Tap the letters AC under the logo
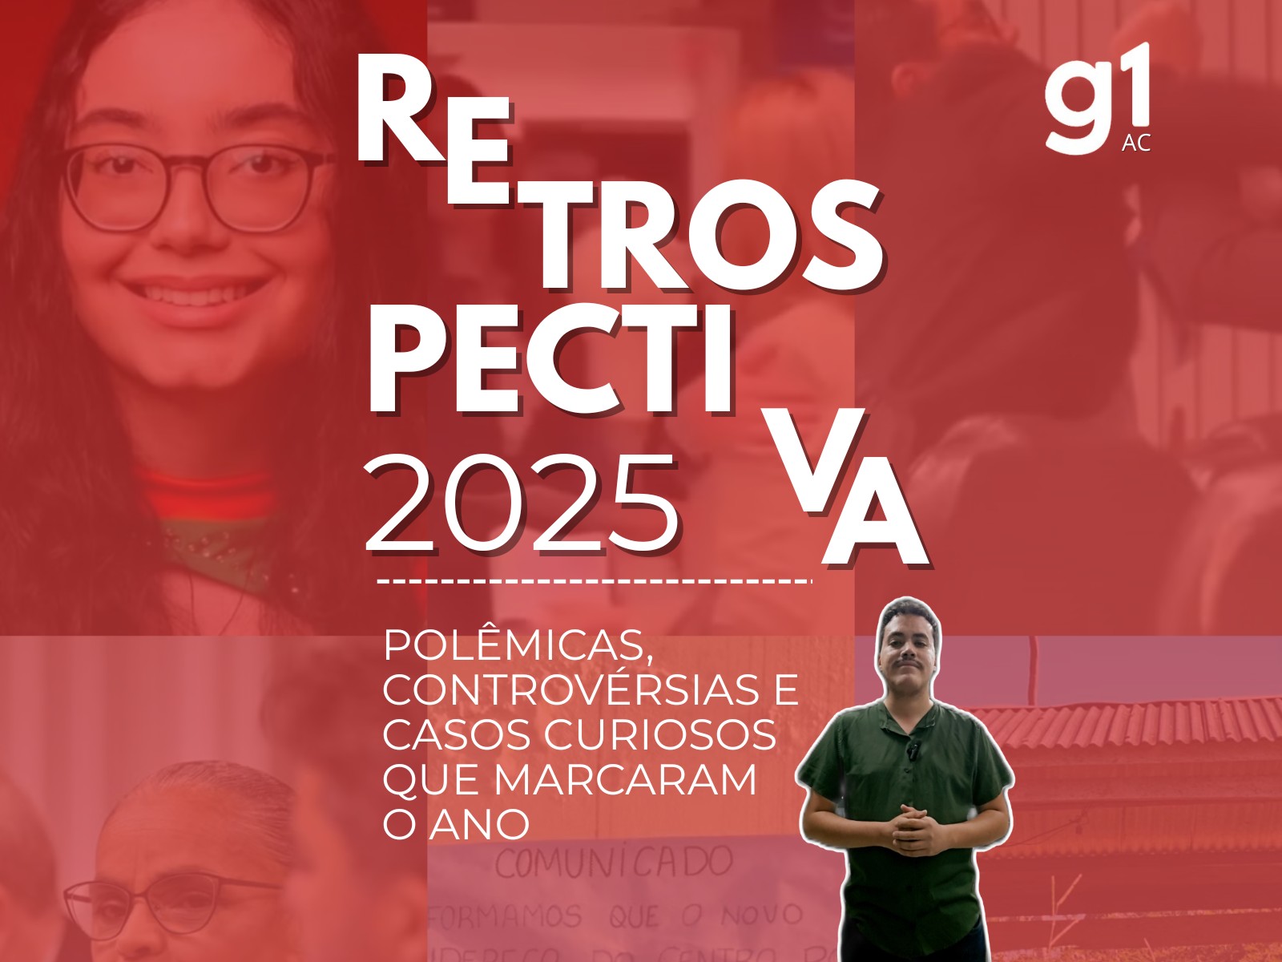[x=1136, y=143]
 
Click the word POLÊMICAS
[x=517, y=646]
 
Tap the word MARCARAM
[x=625, y=779]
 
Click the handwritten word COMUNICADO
[x=614, y=862]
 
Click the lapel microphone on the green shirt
[x=913, y=750]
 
